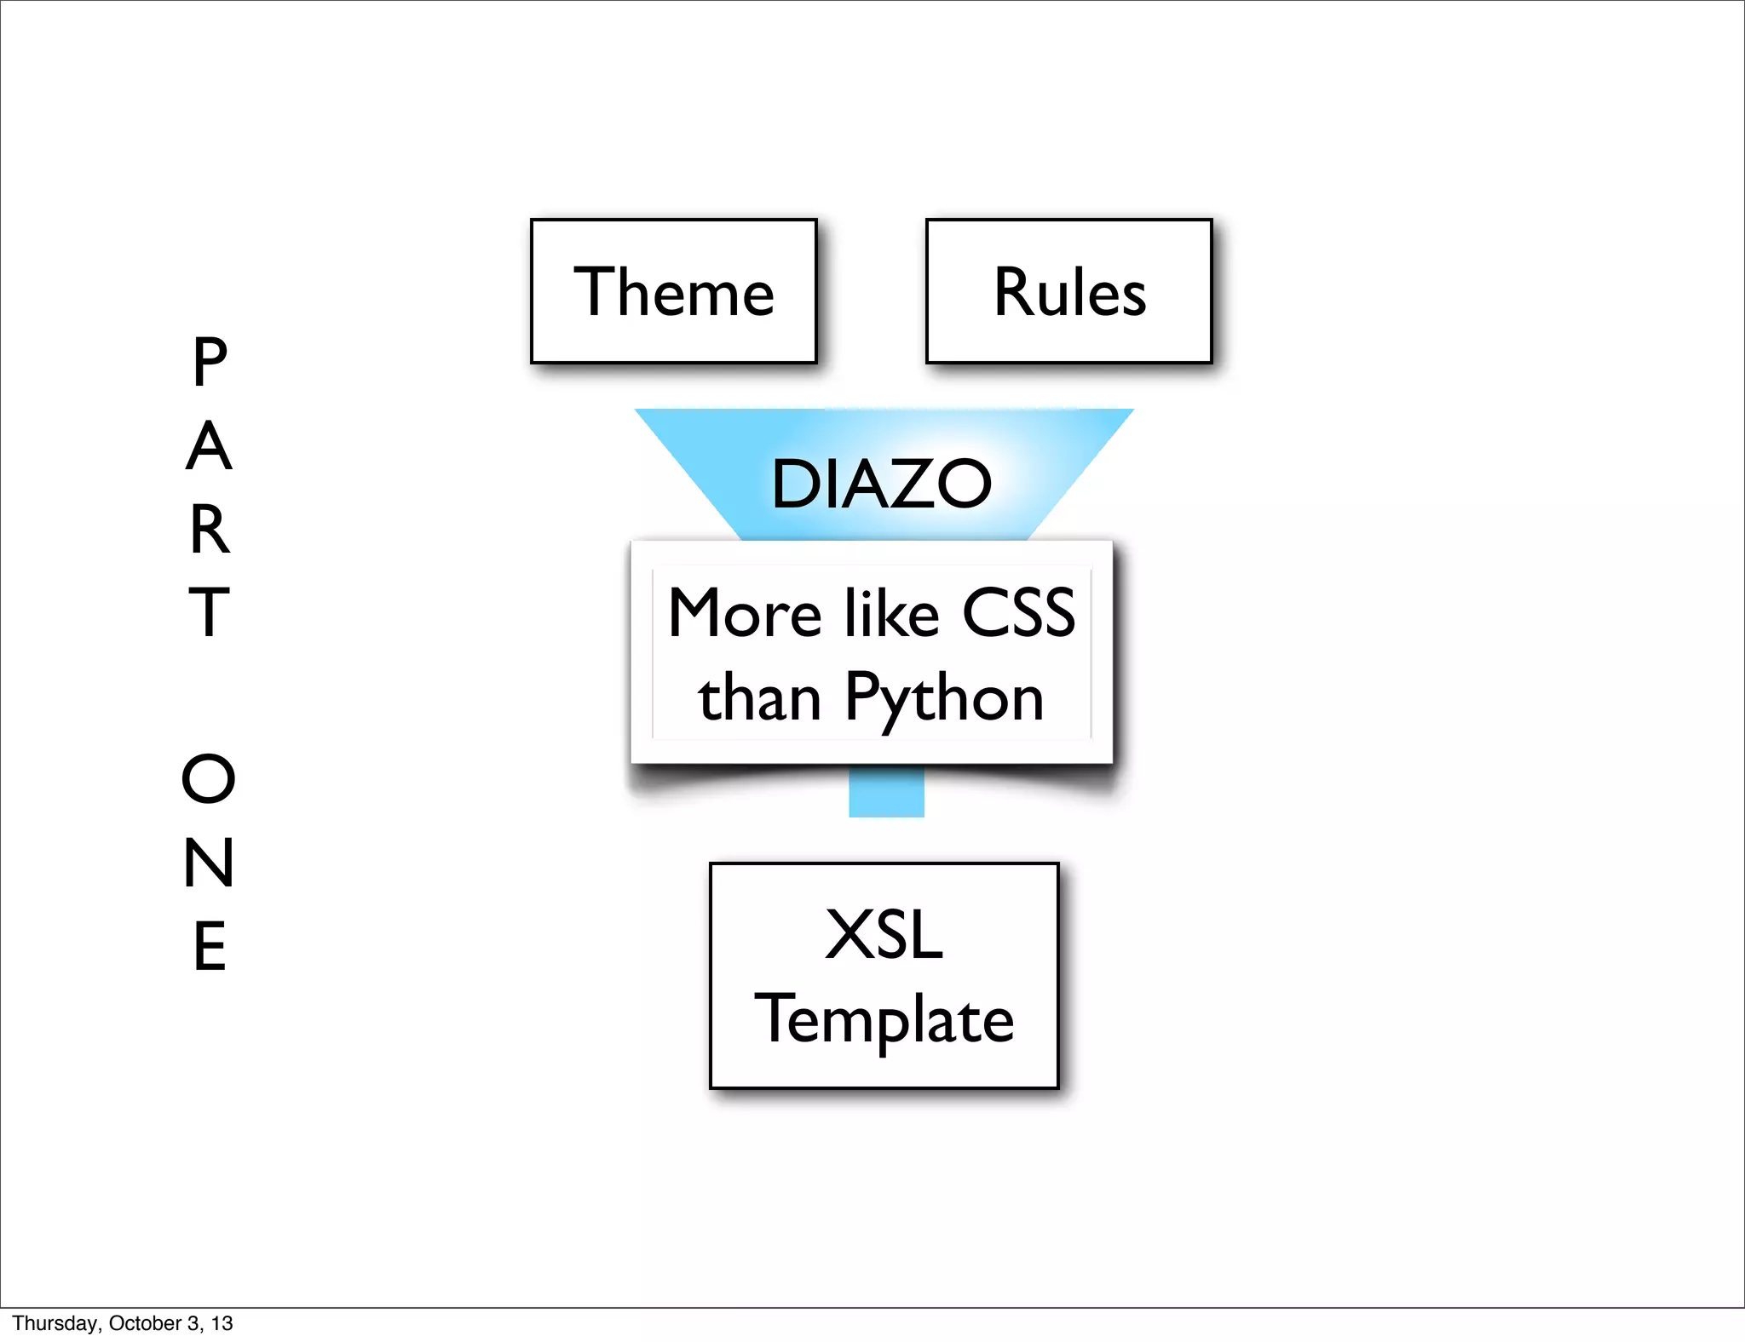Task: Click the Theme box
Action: coord(673,291)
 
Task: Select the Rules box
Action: coord(1068,291)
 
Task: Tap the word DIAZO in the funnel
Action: coord(881,484)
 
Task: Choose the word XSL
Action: coord(884,935)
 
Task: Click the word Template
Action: coord(884,1019)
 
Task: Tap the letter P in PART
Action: coord(210,362)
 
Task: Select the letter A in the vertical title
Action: coord(209,445)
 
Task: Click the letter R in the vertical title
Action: coord(210,529)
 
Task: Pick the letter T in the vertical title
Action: coord(209,611)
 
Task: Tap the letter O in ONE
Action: coord(209,778)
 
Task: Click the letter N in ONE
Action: coord(209,862)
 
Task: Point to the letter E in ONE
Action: coord(210,945)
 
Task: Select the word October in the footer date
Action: coord(146,1323)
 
